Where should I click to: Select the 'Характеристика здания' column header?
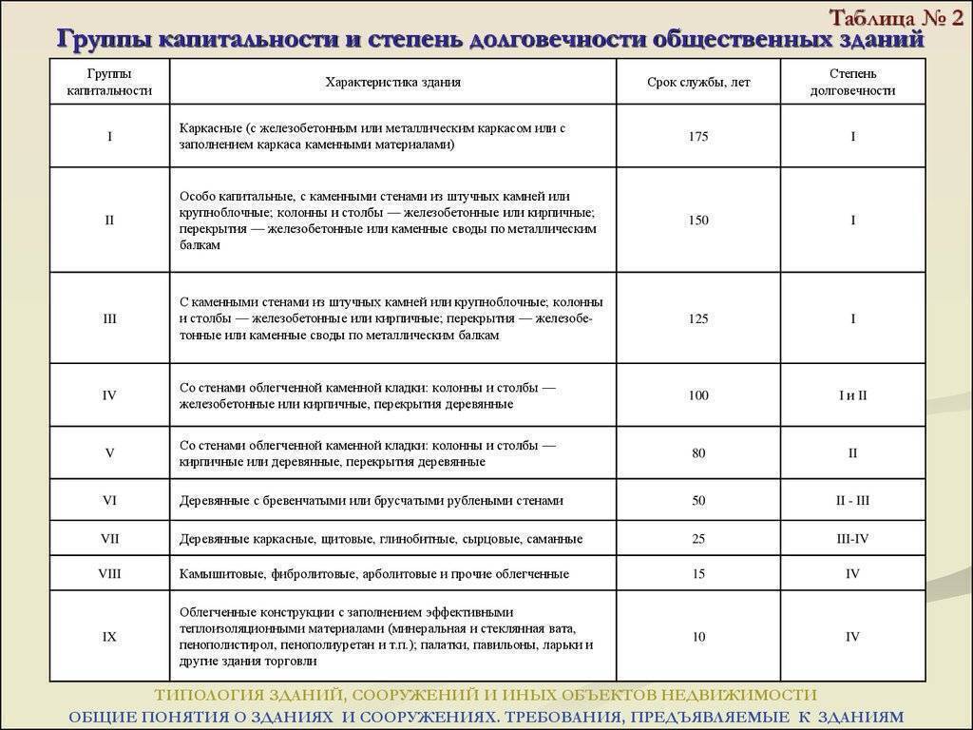click(392, 82)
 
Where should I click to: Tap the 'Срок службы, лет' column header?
click(698, 82)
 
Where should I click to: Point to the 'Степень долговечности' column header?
click(852, 82)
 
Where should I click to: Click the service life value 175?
click(698, 136)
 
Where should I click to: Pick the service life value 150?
click(698, 220)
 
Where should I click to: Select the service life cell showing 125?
click(698, 318)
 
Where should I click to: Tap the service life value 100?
click(698, 395)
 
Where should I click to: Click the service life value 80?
click(698, 453)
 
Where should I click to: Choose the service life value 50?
click(698, 500)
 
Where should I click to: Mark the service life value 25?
click(698, 539)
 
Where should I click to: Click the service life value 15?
click(698, 574)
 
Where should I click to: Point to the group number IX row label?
click(109, 637)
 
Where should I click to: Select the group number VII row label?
click(109, 539)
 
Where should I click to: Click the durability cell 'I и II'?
click(852, 395)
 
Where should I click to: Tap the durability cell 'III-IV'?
click(852, 539)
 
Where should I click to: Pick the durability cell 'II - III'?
click(852, 500)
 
